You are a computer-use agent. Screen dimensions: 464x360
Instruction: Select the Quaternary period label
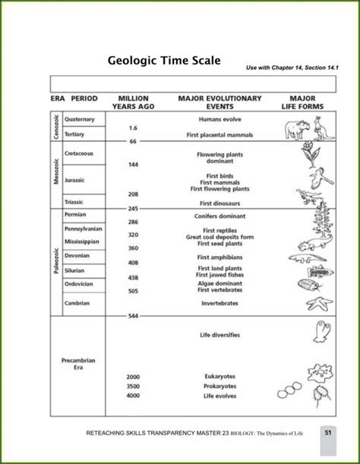tap(80, 119)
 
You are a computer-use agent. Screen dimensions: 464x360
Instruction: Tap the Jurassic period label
tap(75, 180)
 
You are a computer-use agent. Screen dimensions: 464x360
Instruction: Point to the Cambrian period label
tap(77, 302)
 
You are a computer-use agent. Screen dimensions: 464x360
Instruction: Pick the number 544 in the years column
tap(133, 315)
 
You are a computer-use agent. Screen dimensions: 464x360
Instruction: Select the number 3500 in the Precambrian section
tap(133, 386)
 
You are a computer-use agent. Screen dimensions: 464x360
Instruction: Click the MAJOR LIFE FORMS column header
tap(308, 102)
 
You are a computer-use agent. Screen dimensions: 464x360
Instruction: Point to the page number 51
tap(327, 433)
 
